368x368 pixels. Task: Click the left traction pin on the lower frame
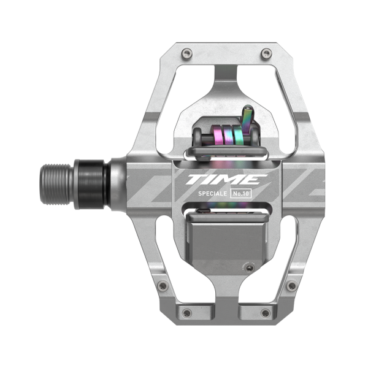click(x=162, y=285)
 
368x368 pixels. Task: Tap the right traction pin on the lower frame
click(x=291, y=286)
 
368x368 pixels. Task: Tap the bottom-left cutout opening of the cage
click(x=161, y=245)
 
